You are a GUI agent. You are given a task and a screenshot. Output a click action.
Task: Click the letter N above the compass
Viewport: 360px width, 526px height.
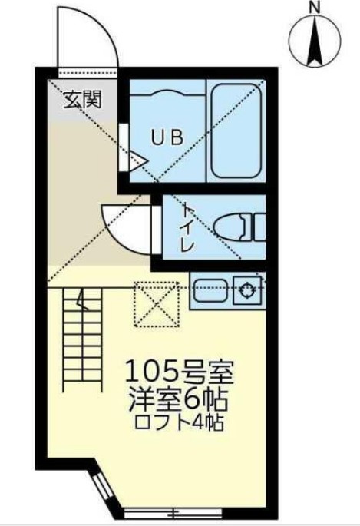point(315,8)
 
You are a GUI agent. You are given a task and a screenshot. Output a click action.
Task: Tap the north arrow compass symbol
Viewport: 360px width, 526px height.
point(315,43)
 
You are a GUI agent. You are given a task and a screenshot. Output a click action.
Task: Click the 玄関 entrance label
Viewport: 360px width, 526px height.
point(78,98)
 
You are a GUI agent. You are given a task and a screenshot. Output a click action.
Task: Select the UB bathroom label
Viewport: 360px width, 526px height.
point(166,138)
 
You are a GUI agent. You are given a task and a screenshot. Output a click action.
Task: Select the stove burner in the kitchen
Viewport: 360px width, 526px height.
point(247,290)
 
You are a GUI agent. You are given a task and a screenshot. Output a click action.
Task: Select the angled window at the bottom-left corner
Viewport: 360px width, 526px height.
point(100,484)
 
